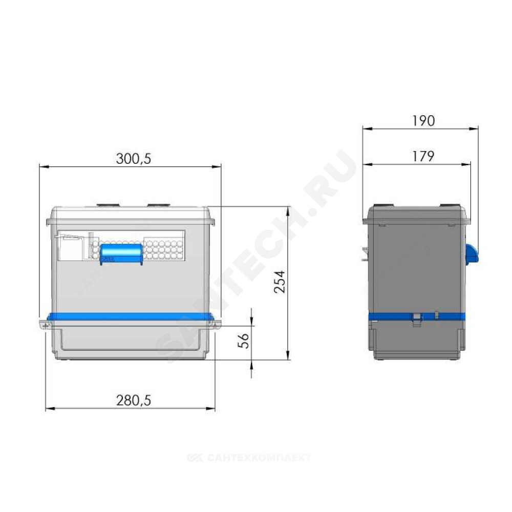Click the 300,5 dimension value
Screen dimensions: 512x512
(x=134, y=159)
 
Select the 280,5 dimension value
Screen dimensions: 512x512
(x=134, y=400)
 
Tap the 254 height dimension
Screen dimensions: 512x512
(x=280, y=282)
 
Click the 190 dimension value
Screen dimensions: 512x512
(x=423, y=121)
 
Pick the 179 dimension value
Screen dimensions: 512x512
(x=423, y=156)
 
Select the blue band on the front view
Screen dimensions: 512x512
(x=131, y=316)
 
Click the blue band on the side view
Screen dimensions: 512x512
(x=417, y=317)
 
